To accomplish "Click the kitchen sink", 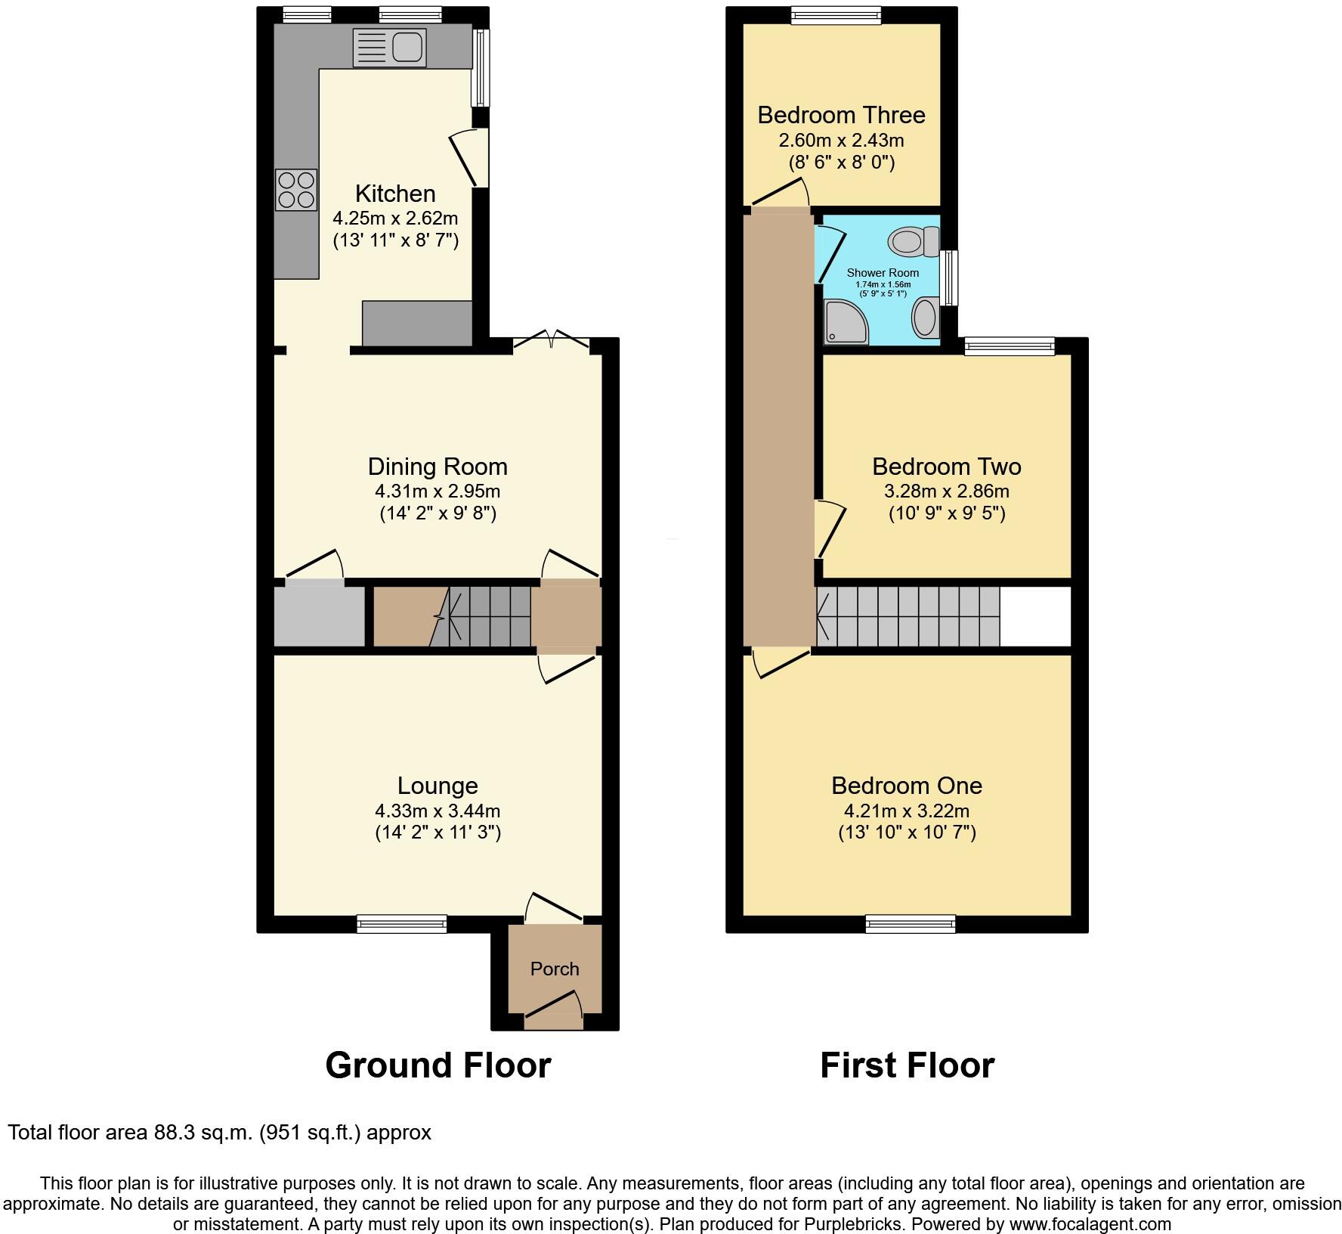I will pos(390,48).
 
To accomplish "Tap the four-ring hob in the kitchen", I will pos(296,190).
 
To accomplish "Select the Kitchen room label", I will pos(395,194).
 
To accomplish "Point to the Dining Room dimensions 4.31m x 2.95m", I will pos(438,491).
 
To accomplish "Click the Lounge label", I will pos(438,786).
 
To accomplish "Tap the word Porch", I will pos(555,969).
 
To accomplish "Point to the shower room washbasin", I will pos(926,318).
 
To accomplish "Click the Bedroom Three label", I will pos(841,115).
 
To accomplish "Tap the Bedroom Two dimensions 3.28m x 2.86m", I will pos(947,491).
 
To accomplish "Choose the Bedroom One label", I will pos(907,786).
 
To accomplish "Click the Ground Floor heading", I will pos(438,1065).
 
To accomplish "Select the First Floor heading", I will pos(907,1065).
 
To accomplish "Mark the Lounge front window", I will pos(402,923).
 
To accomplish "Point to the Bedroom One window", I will pos(911,923).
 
